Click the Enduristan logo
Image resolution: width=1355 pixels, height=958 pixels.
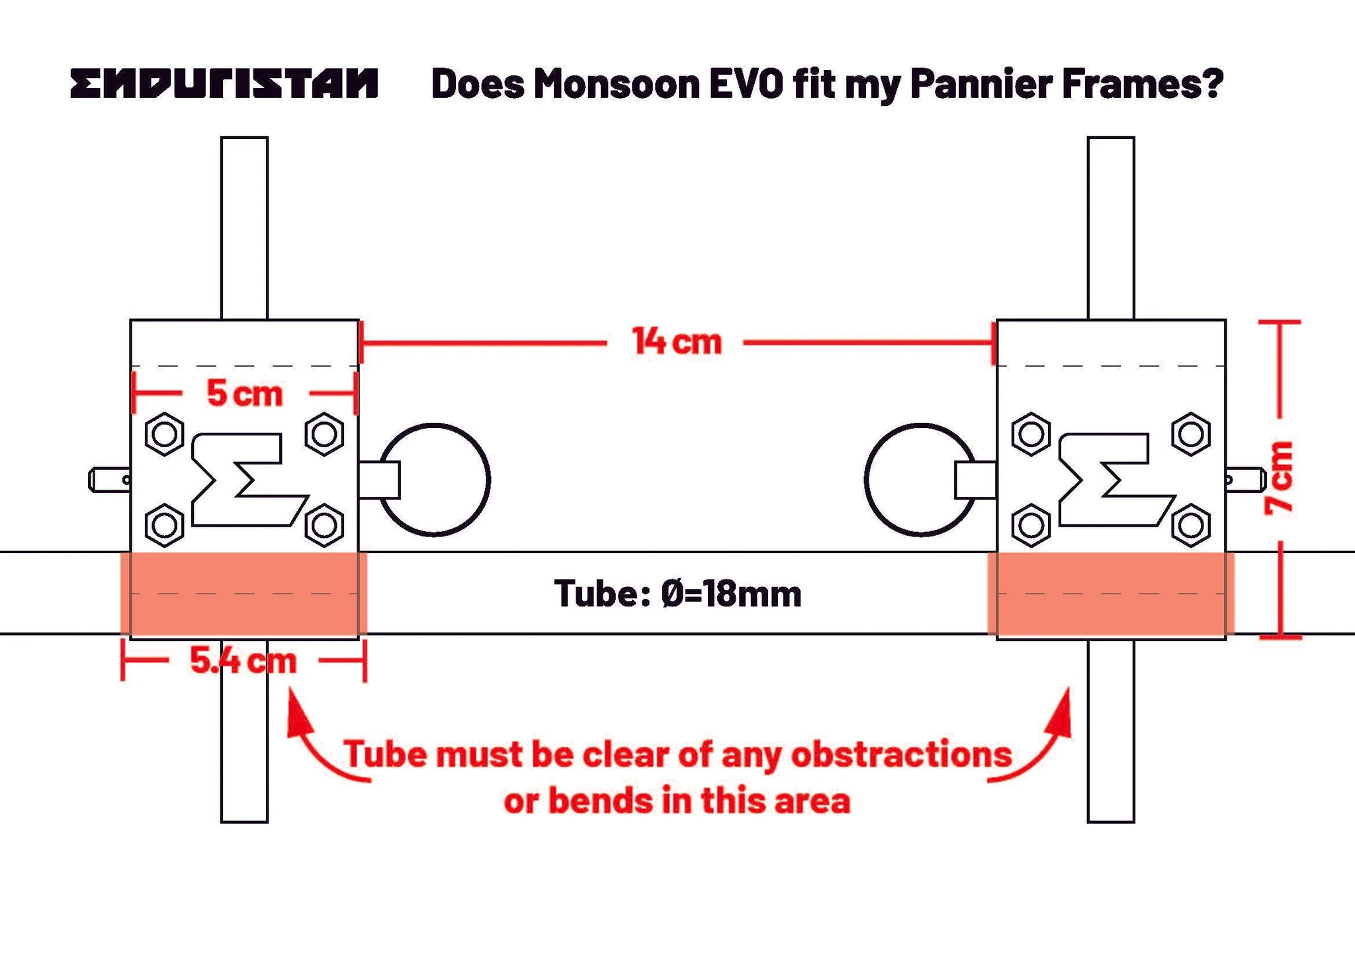click(x=224, y=84)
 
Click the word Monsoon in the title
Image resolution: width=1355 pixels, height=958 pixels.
click(x=617, y=84)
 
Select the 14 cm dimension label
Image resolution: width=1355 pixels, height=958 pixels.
click(x=676, y=342)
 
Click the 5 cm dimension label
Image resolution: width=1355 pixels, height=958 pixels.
click(x=245, y=394)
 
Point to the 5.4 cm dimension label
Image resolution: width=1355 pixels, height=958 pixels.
click(x=243, y=660)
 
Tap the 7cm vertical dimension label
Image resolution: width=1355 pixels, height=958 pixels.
click(x=1280, y=478)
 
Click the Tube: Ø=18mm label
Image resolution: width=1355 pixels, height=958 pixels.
click(x=677, y=593)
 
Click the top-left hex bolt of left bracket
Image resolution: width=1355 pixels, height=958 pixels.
click(x=165, y=434)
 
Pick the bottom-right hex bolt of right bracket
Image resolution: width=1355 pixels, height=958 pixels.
click(x=1191, y=526)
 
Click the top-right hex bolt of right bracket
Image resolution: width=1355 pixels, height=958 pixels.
click(x=1191, y=434)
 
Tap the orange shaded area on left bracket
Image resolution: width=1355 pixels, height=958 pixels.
click(x=243, y=593)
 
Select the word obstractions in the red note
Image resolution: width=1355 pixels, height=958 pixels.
click(x=901, y=754)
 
